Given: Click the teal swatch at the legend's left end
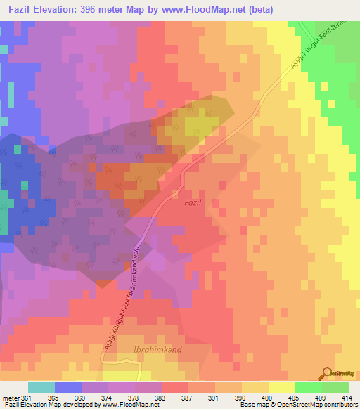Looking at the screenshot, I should pos(41,387).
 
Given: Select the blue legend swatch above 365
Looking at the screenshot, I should pos(68,387).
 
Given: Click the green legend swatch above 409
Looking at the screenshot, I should pos(308,387).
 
